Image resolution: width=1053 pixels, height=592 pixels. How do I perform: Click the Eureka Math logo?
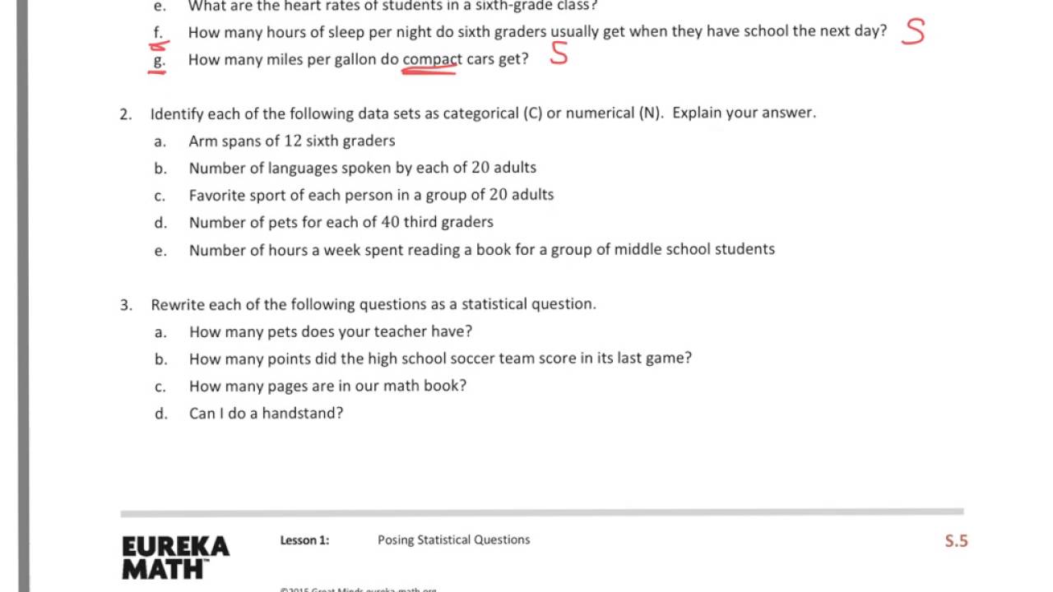[175, 557]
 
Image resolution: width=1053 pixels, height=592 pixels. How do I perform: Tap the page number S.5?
[956, 541]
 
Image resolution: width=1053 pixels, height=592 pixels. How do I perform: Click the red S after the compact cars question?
[559, 54]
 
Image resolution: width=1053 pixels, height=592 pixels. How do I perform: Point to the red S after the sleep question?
[912, 31]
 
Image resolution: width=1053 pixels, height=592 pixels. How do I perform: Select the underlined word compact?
[432, 59]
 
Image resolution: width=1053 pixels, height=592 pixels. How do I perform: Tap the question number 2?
[125, 113]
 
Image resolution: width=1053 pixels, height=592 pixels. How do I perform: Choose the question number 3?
[125, 305]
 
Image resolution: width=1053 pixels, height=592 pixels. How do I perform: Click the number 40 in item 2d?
[390, 222]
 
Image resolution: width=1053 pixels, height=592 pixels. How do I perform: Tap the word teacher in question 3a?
[377, 331]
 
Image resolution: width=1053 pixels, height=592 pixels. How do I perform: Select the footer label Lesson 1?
[304, 540]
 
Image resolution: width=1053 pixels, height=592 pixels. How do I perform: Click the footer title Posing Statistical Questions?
[453, 540]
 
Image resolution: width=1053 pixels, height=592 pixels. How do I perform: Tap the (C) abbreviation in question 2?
[532, 113]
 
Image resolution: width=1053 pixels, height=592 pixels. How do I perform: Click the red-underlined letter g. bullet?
[159, 60]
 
